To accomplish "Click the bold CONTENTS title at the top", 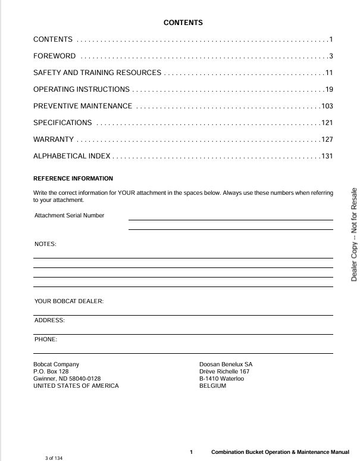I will tap(183, 23).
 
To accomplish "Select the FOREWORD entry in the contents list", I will tap(54, 56).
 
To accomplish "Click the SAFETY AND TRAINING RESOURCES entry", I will tap(97, 73).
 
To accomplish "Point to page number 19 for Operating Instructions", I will tap(328, 89).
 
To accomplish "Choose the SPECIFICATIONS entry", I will tap(62, 123).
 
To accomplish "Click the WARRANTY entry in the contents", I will tap(53, 139).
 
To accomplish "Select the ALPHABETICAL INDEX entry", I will tap(71, 156).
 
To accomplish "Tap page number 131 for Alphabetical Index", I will tap(327, 156).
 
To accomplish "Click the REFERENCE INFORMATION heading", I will tap(73, 178).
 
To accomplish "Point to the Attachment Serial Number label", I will tap(69, 215).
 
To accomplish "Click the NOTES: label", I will tap(45, 244).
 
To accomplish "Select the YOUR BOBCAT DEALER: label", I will tap(69, 301).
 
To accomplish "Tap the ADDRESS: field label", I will tap(49, 320).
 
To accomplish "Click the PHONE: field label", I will tap(46, 339).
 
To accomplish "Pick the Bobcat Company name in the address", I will tap(56, 364).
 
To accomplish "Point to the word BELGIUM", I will tap(212, 385).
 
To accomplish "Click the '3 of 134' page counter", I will tap(54, 457).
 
